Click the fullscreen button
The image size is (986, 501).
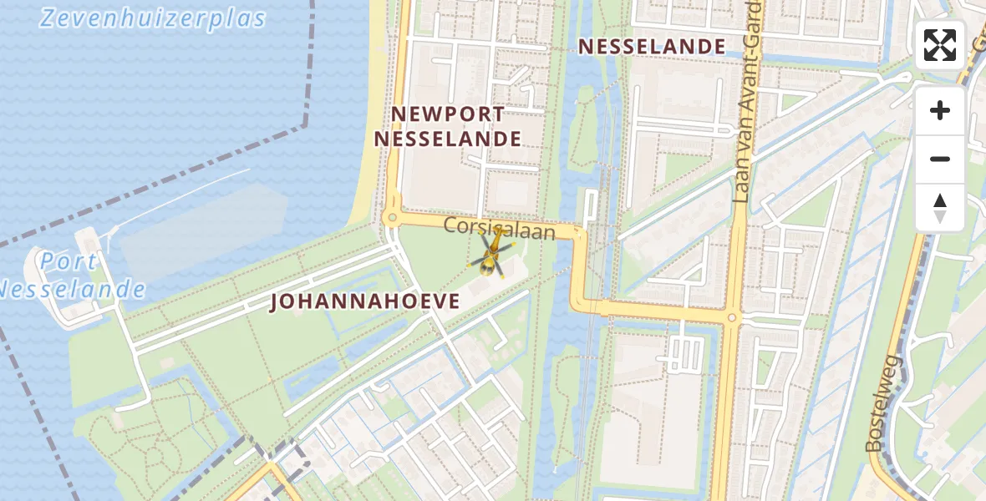(x=940, y=45)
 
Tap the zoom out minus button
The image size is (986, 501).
(x=940, y=159)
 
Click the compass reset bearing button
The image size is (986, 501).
(x=940, y=208)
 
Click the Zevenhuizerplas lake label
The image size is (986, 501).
(x=152, y=18)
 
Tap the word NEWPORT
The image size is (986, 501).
(x=448, y=114)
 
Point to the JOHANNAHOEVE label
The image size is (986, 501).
(x=365, y=301)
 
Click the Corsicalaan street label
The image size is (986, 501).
(x=499, y=226)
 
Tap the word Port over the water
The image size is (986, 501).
(x=69, y=261)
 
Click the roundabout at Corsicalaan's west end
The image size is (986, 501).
(x=392, y=218)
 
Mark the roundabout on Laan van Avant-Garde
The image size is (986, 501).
(x=732, y=317)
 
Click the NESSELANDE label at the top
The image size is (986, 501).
(x=652, y=47)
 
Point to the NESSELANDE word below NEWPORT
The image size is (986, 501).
(x=448, y=139)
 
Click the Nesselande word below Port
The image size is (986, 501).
(x=74, y=290)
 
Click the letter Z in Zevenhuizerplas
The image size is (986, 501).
(x=49, y=18)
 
